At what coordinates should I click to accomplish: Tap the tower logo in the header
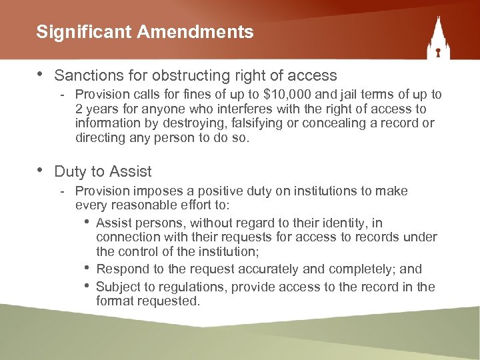click(439, 40)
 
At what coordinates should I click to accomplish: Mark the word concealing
click(331, 123)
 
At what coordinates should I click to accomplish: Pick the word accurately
click(257, 269)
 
